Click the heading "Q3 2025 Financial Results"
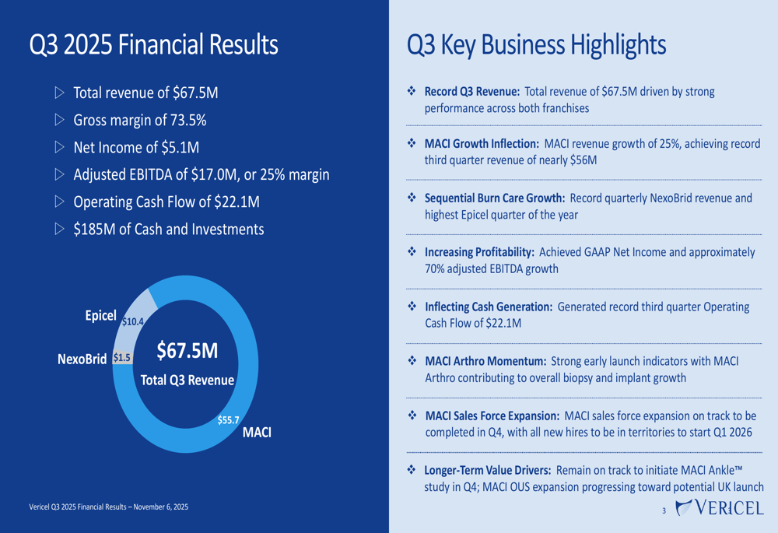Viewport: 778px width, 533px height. point(153,44)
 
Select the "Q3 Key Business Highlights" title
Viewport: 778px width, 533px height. point(536,44)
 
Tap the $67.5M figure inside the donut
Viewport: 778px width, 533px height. point(187,350)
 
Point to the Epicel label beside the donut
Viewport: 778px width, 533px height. point(100,316)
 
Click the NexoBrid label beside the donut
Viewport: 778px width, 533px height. point(82,359)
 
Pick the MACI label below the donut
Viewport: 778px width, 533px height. point(257,433)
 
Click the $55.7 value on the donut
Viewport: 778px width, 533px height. point(228,420)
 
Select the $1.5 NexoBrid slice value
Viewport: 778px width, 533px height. point(122,358)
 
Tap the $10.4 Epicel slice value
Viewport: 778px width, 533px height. point(133,321)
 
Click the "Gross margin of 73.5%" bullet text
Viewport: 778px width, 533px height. point(139,121)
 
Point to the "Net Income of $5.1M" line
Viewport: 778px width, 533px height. point(136,147)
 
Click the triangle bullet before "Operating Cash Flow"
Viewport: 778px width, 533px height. point(60,202)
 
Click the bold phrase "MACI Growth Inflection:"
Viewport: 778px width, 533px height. point(482,144)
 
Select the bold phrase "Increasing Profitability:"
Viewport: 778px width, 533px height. point(479,252)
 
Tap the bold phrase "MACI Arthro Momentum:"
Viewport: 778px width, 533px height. point(485,361)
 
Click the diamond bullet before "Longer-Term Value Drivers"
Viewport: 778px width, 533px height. point(412,470)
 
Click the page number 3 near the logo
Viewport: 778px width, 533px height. point(664,511)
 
